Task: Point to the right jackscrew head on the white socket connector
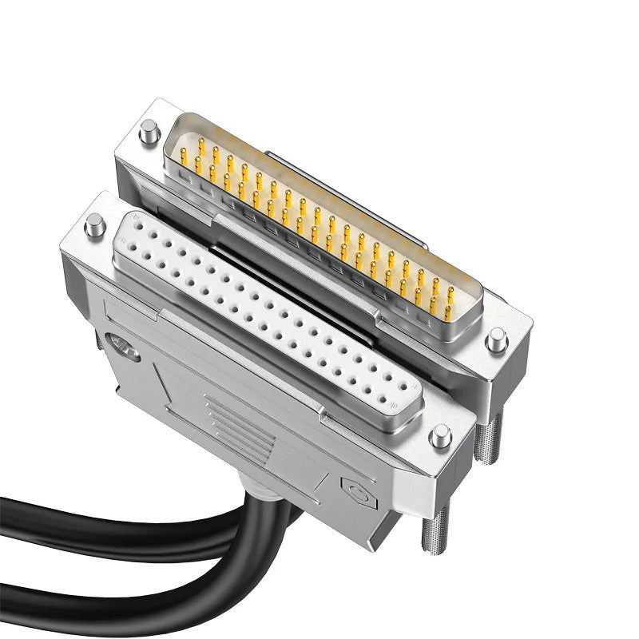[437, 436]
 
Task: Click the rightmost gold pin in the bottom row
[448, 308]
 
